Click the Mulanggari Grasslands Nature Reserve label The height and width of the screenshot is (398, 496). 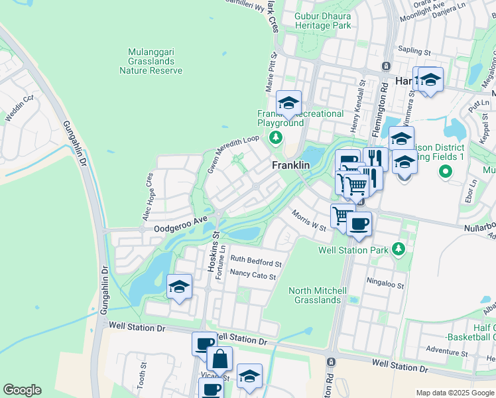(155, 60)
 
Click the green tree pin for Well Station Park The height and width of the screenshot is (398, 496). (398, 249)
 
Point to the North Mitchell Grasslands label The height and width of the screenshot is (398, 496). (318, 295)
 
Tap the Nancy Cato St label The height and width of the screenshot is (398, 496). (252, 275)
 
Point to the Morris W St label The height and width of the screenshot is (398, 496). (309, 219)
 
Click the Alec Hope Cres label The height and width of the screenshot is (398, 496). (148, 197)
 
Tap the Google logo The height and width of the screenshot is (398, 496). (22, 390)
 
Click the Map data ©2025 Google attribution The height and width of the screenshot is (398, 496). (455, 393)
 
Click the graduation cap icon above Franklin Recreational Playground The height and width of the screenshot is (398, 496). (288, 103)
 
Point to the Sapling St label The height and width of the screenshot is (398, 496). (414, 50)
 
